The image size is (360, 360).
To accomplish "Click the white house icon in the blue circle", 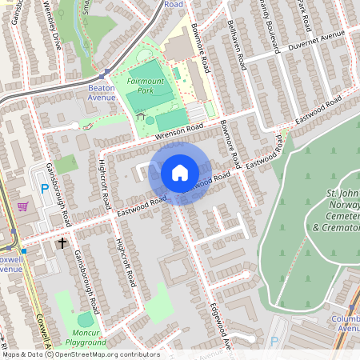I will click(x=180, y=173).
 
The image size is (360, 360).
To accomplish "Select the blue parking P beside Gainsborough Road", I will click(x=44, y=189).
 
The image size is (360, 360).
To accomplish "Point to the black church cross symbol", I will click(x=62, y=242).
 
